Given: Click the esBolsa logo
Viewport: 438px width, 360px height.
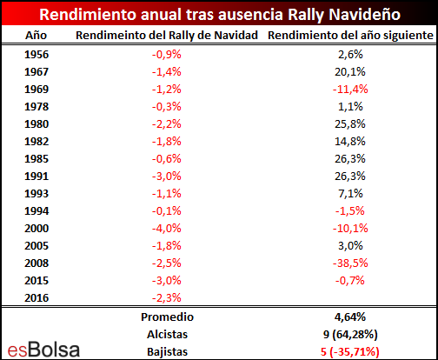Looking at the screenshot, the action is coord(43,350).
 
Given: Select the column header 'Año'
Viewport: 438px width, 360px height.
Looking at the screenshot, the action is coord(36,36).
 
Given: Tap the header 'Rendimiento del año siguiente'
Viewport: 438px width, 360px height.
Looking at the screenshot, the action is coord(350,36).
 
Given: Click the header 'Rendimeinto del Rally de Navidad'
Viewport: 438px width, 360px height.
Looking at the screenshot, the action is coord(167,36).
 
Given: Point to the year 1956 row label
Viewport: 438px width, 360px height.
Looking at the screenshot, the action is coord(36,55).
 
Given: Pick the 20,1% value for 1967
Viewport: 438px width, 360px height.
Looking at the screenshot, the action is coord(350,72).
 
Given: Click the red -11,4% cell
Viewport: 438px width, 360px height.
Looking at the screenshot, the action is coord(350,90).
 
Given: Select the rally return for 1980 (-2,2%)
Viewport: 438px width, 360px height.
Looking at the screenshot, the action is coord(167,124).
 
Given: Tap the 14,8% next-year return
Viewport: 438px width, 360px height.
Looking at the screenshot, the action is coord(350,142).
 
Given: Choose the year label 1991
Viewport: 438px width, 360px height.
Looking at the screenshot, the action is coord(36,177).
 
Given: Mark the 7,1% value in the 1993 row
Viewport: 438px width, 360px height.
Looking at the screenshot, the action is coord(350,194).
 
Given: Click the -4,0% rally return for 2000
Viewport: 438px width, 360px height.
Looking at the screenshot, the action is coord(167,229).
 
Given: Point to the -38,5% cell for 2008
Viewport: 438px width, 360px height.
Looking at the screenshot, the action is coord(350,263).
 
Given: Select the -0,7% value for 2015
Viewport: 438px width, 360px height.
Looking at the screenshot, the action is coord(350,281).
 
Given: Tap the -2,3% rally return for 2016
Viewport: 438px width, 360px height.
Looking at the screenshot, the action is coord(167,298).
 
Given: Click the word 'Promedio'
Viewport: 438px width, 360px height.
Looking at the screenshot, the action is coord(167,317).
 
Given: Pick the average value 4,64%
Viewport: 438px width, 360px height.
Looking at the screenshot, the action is coord(350,317).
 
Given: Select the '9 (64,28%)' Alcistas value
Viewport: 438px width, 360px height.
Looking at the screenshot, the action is coord(350,335).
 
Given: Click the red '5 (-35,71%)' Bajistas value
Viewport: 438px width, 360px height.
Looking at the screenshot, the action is coord(350,352).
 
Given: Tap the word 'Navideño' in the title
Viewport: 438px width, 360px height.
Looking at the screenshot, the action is coord(365,15).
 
